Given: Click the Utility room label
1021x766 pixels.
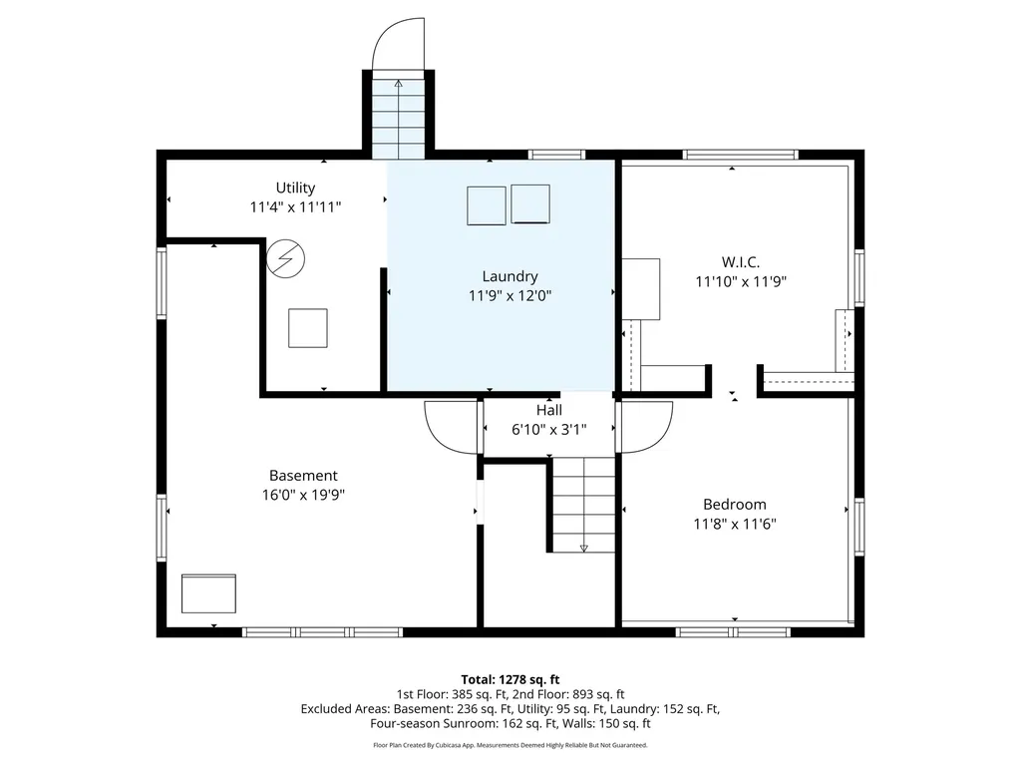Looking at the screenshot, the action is [x=295, y=188].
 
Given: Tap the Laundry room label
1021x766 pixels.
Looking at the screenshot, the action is [x=510, y=276].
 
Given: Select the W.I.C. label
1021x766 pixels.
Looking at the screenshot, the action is [x=741, y=262].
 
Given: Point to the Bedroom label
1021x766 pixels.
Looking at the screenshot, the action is [x=735, y=504].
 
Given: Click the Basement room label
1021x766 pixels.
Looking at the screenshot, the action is [x=303, y=476].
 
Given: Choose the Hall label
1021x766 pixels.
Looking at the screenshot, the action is [x=549, y=410].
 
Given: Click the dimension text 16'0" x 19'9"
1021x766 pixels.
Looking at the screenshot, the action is [x=303, y=495].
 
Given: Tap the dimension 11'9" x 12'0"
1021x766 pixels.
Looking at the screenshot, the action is [x=510, y=295].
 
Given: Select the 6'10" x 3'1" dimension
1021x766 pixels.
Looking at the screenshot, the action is [x=549, y=430].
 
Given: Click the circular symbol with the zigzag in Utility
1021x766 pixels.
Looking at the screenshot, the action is [x=285, y=258].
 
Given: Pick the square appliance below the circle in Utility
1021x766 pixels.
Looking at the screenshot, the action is [x=308, y=328].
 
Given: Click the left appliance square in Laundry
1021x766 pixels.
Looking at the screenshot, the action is [x=487, y=205].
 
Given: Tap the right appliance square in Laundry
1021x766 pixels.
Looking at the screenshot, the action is [x=530, y=203].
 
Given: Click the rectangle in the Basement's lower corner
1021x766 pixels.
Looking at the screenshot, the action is [x=208, y=593].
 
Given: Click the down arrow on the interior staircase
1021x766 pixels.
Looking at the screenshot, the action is [x=583, y=548].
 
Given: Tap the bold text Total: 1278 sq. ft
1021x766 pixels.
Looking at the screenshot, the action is [x=510, y=680].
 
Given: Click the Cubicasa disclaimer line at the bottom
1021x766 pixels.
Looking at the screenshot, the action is [x=510, y=745].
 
